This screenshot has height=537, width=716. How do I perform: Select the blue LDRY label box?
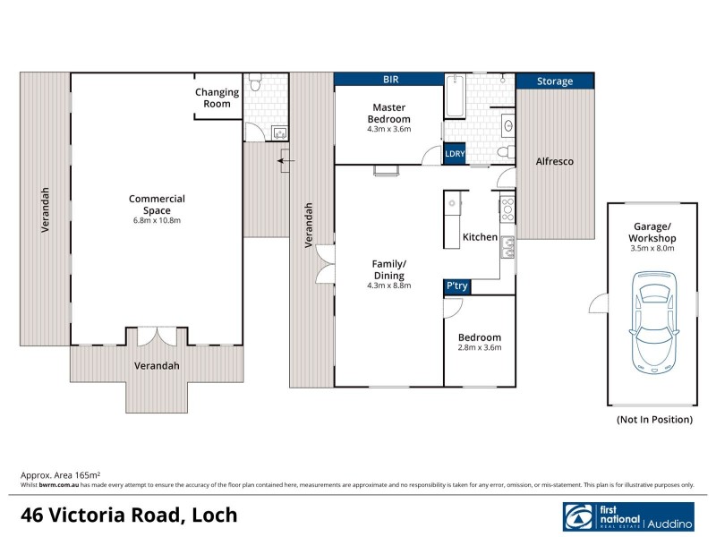pos(455,154)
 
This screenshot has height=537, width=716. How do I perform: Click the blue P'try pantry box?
pos(456,286)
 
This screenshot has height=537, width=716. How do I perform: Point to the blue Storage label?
pos(555,81)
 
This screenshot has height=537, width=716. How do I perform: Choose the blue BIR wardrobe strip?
pos(390,80)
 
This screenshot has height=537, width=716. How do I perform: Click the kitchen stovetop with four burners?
pos(507,209)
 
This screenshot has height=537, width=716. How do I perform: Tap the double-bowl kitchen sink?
pos(507,247)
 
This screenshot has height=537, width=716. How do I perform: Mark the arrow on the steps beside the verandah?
pos(285,162)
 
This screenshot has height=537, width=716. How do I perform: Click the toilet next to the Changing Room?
pos(257,86)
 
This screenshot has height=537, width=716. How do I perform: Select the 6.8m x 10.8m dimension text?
pos(157,220)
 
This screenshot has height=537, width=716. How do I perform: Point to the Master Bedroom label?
pos(390,114)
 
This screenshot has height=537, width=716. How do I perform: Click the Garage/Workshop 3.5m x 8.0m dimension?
pos(652,249)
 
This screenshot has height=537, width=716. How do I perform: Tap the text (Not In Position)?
pos(654,419)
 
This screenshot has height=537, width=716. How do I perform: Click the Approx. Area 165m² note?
pos(60,475)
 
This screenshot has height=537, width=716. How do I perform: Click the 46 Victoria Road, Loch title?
pos(130,516)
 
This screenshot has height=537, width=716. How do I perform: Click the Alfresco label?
pos(554,162)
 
